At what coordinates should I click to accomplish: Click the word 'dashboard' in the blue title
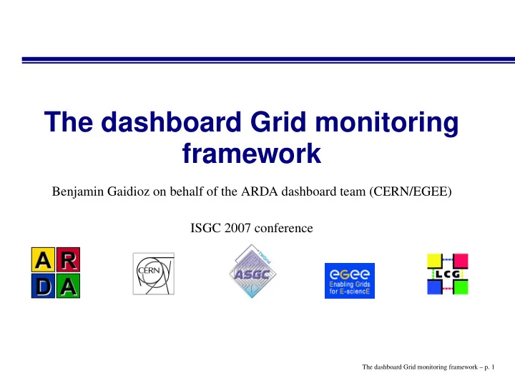(x=171, y=122)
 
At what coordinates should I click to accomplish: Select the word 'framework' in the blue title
(x=252, y=153)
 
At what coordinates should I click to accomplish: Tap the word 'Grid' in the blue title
(x=278, y=122)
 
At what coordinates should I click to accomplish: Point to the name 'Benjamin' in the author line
(x=78, y=192)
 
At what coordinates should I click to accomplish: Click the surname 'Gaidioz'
(x=129, y=192)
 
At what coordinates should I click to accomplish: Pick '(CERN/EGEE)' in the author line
(x=411, y=192)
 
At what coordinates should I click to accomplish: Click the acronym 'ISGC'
(x=205, y=228)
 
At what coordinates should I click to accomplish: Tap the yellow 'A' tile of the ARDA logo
(x=44, y=260)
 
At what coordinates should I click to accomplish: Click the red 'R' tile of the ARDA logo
(x=68, y=260)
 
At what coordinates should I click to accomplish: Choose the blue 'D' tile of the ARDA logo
(x=44, y=286)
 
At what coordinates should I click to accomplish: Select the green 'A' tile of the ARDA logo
(x=68, y=286)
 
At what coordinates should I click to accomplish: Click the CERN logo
(x=153, y=274)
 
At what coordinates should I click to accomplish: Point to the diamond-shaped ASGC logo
(x=252, y=272)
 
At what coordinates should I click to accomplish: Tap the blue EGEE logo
(x=350, y=281)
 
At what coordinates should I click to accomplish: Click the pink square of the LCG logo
(x=461, y=261)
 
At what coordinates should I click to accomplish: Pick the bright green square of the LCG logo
(x=461, y=287)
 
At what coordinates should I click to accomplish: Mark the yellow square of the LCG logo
(x=435, y=261)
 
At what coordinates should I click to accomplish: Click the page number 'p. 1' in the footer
(x=489, y=367)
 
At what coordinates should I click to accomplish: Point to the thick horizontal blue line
(x=268, y=60)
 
